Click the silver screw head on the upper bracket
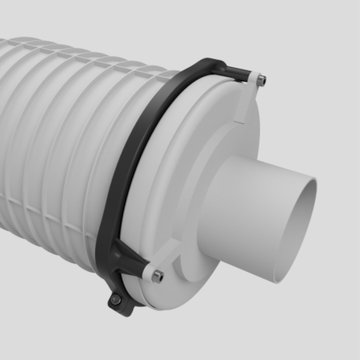(x=263, y=80)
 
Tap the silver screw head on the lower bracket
(x=157, y=276)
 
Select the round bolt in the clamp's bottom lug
(x=116, y=299)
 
